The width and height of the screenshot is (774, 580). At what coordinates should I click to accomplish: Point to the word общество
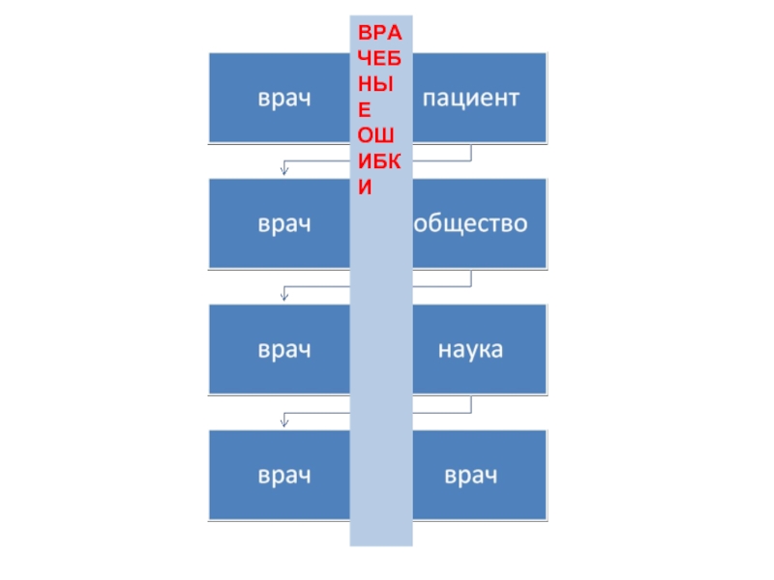tap(472, 224)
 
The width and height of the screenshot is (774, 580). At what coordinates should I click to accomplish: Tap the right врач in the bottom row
tap(472, 476)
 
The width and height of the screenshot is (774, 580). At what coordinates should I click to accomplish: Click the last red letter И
tap(365, 188)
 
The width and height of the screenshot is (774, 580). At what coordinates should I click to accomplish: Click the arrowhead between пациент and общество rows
tap(283, 171)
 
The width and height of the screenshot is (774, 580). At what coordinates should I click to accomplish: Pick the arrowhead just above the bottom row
tap(283, 421)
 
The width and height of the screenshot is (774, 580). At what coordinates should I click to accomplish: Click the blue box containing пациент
tap(480, 98)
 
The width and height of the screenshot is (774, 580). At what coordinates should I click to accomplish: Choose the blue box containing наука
tap(480, 349)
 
